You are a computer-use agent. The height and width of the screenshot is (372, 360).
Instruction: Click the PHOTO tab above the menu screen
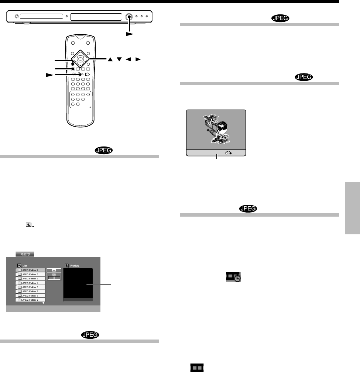click(25, 254)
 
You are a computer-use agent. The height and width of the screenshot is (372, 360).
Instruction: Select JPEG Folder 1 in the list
click(30, 270)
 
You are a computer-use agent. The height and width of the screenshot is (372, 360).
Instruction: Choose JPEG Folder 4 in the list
click(30, 283)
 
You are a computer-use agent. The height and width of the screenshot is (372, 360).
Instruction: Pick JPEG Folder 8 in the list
click(30, 300)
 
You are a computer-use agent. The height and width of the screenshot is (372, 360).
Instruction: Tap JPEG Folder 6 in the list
click(30, 292)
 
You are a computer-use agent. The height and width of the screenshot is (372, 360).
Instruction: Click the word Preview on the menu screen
click(75, 265)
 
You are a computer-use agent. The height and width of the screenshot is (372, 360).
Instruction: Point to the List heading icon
click(19, 265)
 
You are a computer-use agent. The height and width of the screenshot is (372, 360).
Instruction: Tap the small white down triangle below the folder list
click(44, 303)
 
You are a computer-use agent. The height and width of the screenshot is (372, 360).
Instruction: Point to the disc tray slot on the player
click(41, 17)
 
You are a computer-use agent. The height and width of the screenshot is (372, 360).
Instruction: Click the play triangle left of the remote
click(49, 74)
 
